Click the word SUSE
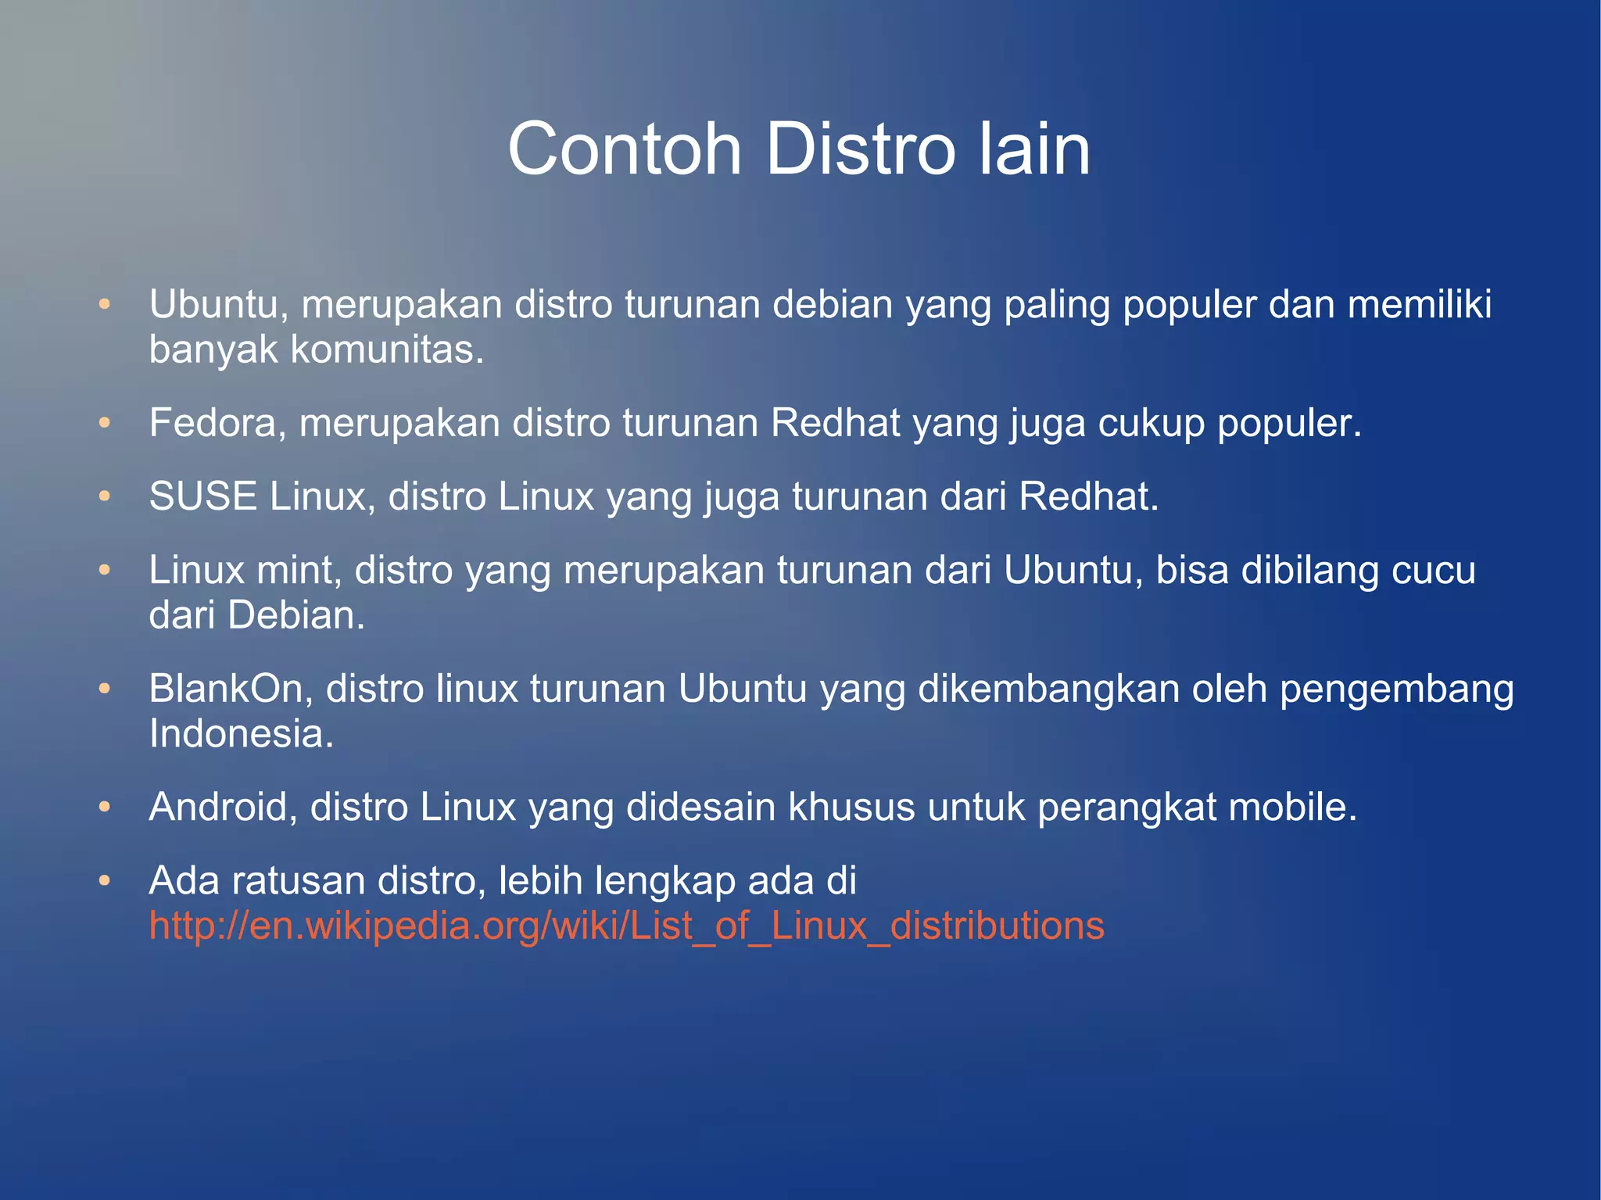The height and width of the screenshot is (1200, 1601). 202,496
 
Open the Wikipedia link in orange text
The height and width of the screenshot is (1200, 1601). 626,926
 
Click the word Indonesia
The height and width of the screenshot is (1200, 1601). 241,733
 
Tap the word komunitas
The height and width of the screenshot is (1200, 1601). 387,349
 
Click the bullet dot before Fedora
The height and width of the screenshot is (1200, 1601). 105,424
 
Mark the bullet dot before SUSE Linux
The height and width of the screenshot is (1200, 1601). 105,497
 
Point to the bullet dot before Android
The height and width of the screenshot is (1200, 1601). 105,808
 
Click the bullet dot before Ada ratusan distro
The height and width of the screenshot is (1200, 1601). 105,881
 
